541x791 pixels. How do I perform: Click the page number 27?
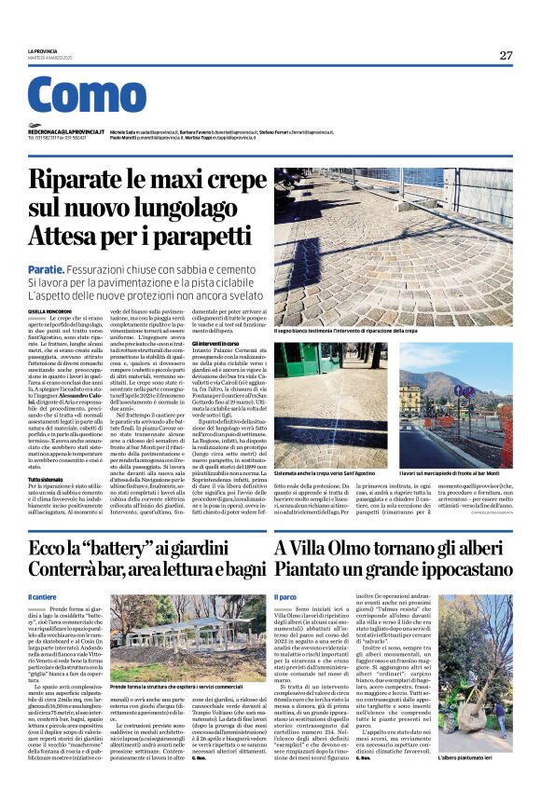(x=506, y=55)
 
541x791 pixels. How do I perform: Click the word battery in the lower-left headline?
(x=111, y=548)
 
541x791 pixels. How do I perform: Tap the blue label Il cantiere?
(x=43, y=596)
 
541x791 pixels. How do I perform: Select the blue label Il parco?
(x=284, y=596)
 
